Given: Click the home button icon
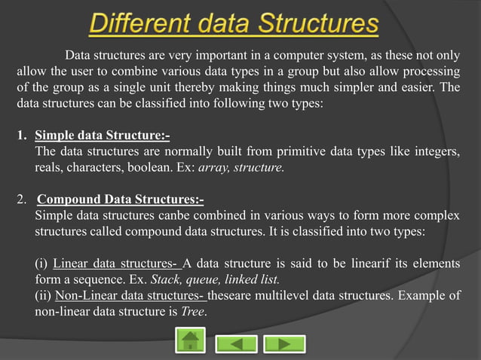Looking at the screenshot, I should [x=190, y=342].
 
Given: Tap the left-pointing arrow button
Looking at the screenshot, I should [x=236, y=343].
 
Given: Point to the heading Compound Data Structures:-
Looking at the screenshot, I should [x=120, y=200].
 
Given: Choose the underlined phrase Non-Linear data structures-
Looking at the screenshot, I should [x=134, y=295].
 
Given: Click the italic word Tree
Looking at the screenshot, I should [x=194, y=312].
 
